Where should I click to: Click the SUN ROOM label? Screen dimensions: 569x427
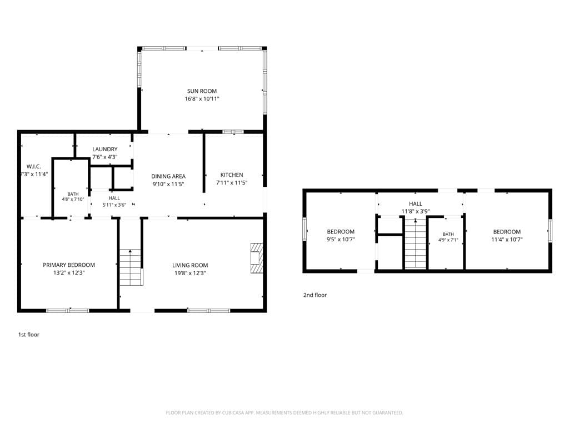pyautogui.click(x=202, y=91)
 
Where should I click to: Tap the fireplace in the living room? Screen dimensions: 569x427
pyautogui.click(x=256, y=258)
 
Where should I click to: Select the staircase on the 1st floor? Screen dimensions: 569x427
pyautogui.click(x=131, y=267)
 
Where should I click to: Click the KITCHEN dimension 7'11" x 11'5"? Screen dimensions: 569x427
pyautogui.click(x=232, y=182)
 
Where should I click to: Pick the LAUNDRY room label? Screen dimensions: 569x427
pyautogui.click(x=105, y=149)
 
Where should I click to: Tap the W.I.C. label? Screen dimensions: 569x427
pyautogui.click(x=34, y=167)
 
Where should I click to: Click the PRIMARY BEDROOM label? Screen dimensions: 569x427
pyautogui.click(x=69, y=265)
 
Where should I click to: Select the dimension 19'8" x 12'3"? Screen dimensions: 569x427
pyautogui.click(x=190, y=273)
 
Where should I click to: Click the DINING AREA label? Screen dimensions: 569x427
pyautogui.click(x=168, y=176)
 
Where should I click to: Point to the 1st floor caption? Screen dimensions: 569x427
pyautogui.click(x=29, y=335)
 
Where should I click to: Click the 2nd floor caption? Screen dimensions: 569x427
pyautogui.click(x=315, y=295)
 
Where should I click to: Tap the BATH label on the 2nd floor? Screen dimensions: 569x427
pyautogui.click(x=448, y=234)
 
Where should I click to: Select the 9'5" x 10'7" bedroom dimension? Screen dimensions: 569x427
pyautogui.click(x=341, y=239)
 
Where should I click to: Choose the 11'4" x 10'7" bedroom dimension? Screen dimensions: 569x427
pyautogui.click(x=507, y=239)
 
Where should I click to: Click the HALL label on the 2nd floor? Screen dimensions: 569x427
pyautogui.click(x=416, y=204)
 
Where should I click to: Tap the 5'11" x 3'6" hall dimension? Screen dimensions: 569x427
pyautogui.click(x=114, y=205)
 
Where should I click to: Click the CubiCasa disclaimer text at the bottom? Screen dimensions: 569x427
pyautogui.click(x=284, y=413)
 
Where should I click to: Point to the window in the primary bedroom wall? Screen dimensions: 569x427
pyautogui.click(x=67, y=310)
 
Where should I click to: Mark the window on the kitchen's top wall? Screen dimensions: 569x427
pyautogui.click(x=233, y=132)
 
